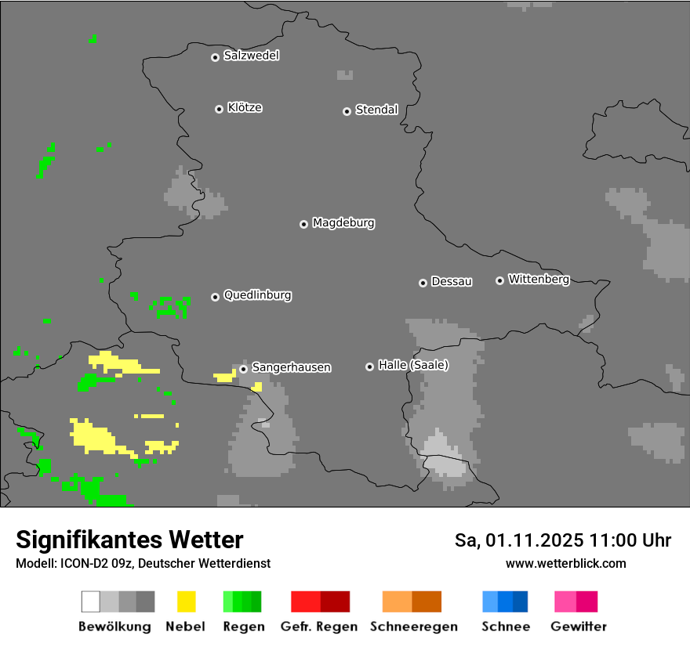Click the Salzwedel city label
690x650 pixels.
(251, 56)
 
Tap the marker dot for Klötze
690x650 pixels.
(219, 109)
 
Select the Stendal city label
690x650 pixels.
(376, 110)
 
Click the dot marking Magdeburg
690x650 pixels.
(303, 224)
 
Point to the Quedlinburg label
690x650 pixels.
(257, 295)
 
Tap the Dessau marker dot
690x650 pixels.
(423, 283)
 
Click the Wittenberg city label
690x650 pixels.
(538, 279)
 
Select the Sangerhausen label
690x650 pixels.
(291, 367)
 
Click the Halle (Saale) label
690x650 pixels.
(413, 365)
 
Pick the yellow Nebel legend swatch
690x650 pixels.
(186, 601)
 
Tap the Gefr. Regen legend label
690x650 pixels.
(318, 627)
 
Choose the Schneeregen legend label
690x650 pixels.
(413, 627)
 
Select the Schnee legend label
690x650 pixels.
(505, 627)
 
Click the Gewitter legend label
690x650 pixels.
(578, 627)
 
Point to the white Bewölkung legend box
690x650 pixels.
(91, 601)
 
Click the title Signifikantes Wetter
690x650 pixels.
(129, 540)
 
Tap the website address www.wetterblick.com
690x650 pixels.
(565, 563)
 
